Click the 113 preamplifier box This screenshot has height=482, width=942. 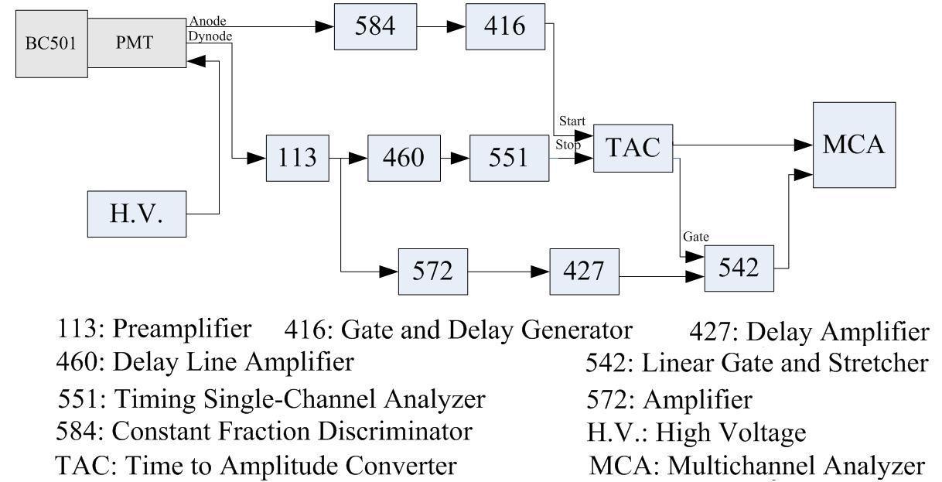(297, 158)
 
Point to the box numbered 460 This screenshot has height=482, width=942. (403, 158)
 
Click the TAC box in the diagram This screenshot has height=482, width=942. (632, 148)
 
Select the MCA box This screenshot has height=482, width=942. (854, 144)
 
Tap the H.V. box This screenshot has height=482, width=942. (136, 214)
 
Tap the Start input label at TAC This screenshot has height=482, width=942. (572, 122)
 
